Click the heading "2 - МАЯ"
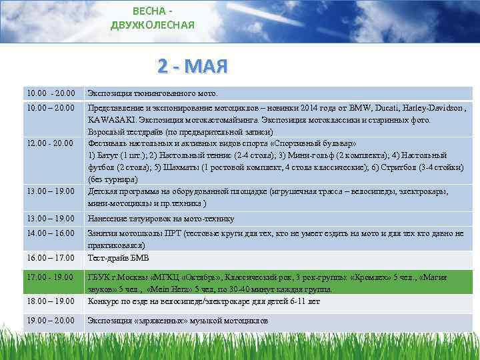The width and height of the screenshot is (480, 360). [x=193, y=67]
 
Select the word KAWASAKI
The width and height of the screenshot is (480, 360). [x=111, y=120]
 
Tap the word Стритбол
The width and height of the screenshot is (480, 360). [x=399, y=167]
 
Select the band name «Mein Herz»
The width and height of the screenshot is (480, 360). [x=176, y=289]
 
